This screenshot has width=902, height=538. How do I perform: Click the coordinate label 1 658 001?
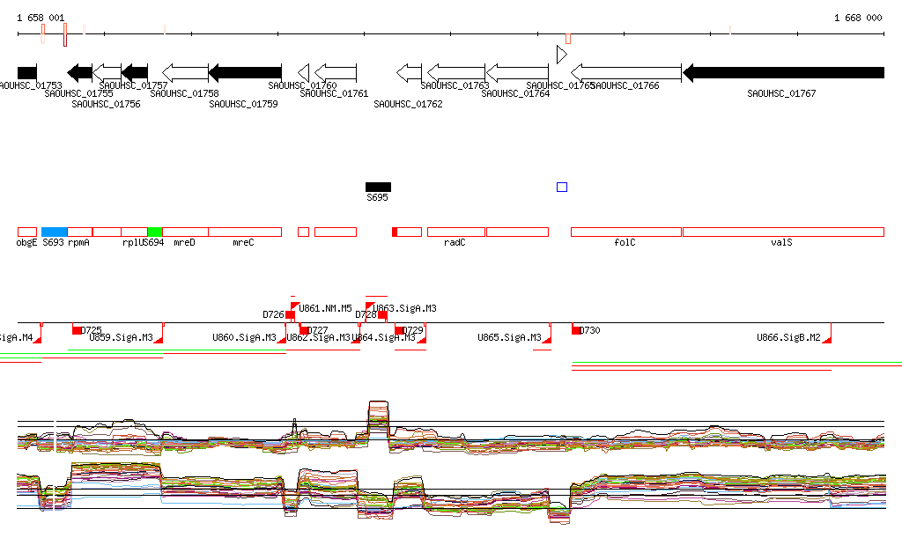tap(41, 18)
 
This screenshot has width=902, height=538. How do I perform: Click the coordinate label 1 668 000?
tap(857, 18)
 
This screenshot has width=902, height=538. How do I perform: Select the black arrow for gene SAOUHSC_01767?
tap(783, 73)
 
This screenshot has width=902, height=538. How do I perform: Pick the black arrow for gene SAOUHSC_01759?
tap(245, 73)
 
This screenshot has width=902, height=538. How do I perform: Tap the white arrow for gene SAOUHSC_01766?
tap(626, 73)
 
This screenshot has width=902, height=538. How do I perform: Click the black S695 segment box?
tap(378, 187)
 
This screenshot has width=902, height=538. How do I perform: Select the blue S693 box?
tap(54, 232)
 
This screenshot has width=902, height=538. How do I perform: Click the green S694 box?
tap(154, 232)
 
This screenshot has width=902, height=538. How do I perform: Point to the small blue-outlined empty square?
tap(562, 187)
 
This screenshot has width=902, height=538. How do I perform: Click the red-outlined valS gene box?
tap(783, 232)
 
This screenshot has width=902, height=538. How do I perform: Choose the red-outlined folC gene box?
tap(626, 232)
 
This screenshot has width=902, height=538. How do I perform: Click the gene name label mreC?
tap(243, 242)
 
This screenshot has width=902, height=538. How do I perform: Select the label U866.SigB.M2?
tap(788, 337)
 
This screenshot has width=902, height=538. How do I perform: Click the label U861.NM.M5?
tap(325, 309)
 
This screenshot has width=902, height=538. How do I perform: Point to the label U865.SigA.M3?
tap(509, 337)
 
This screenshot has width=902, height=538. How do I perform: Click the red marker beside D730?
tap(576, 330)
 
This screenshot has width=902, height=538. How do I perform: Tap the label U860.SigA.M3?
tap(244, 337)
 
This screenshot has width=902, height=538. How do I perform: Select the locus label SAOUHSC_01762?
tap(408, 104)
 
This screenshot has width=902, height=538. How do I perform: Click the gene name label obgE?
tap(26, 242)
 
